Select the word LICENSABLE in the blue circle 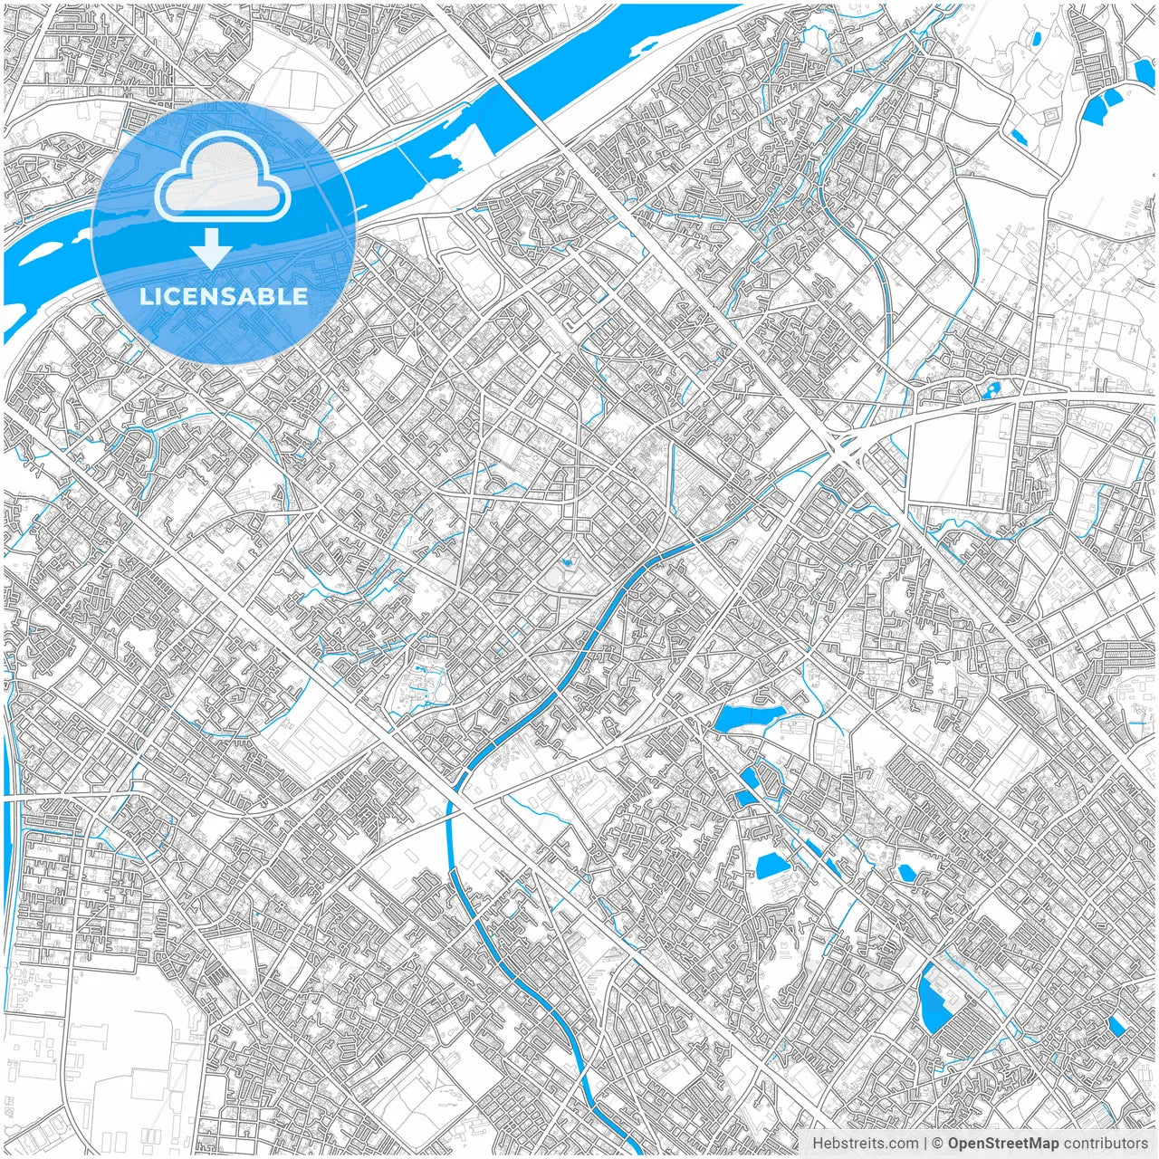223,296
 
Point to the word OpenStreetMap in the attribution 1002,1144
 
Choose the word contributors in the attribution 1105,1144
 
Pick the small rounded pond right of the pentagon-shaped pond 906,873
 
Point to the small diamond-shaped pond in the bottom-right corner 1116,1026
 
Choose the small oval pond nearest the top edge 1034,39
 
